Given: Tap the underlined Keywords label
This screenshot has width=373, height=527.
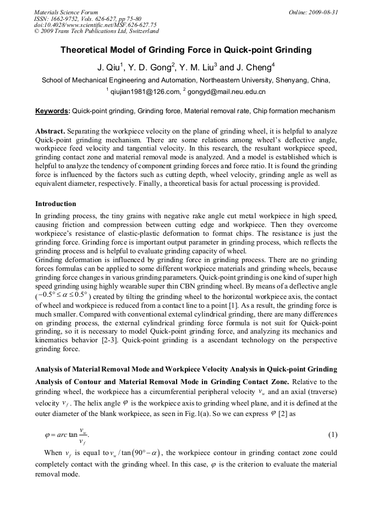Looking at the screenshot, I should coord(52,111).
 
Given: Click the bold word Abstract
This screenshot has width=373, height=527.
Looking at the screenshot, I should coord(50,131).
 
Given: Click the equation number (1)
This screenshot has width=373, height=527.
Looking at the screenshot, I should coord(332,435).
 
